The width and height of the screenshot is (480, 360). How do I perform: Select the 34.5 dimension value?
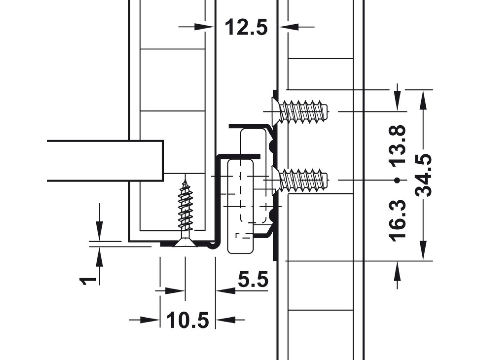pyautogui.click(x=423, y=175)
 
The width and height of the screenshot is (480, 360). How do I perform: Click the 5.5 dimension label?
pyautogui.click(x=253, y=279)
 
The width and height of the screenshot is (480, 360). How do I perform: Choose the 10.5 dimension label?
pyautogui.click(x=187, y=320)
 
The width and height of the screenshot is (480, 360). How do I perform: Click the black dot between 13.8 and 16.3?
pyautogui.click(x=397, y=181)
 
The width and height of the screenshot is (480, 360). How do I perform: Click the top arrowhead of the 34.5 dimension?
pyautogui.click(x=423, y=100)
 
